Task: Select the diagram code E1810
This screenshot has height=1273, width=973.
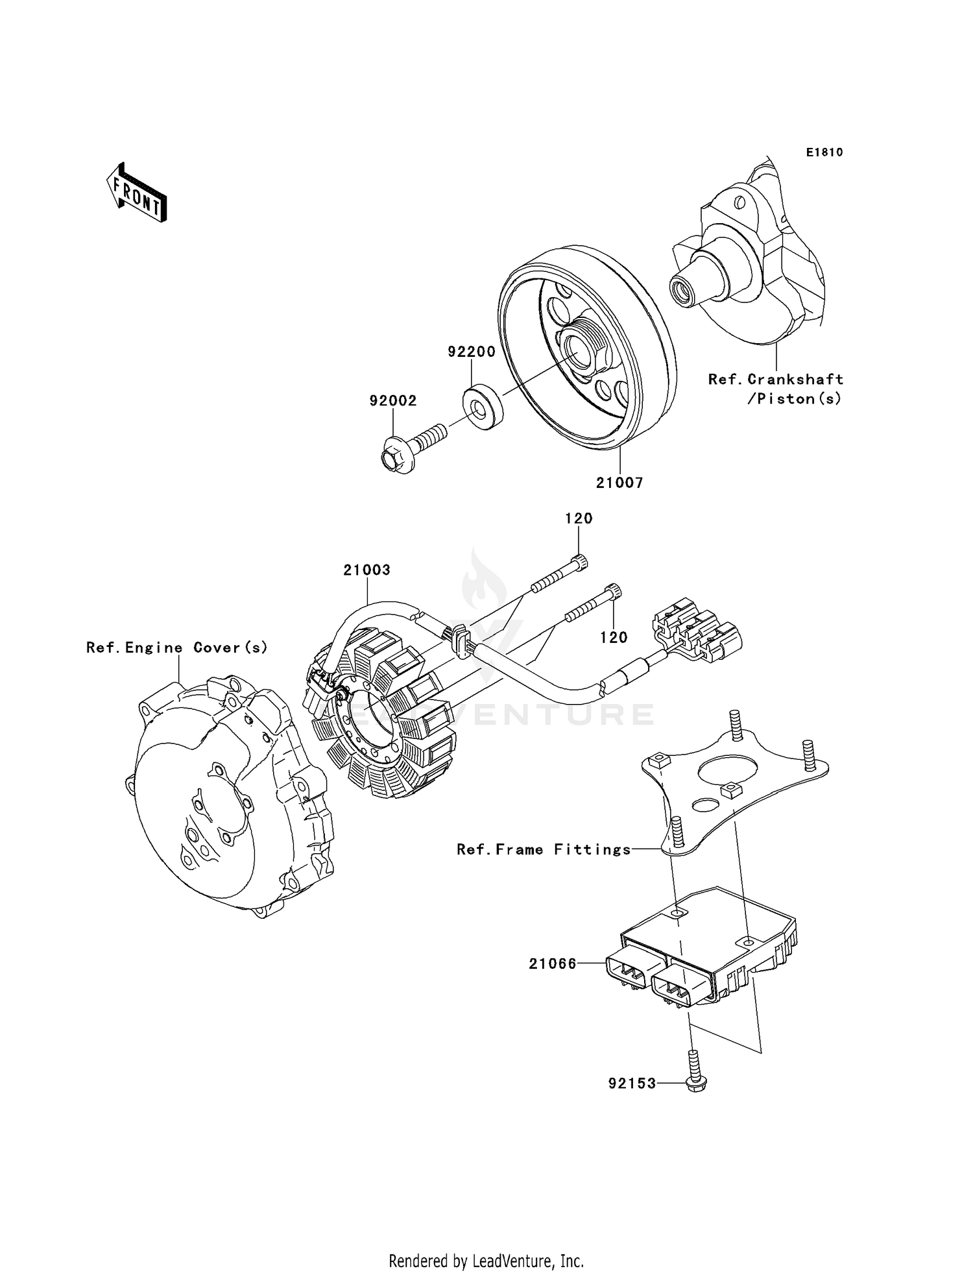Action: [824, 152]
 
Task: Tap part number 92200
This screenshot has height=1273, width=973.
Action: [472, 352]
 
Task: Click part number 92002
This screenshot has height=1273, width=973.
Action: [393, 401]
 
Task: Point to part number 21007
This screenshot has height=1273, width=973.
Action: [619, 483]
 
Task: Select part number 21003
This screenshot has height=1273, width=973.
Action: [366, 570]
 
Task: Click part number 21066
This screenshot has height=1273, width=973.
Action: [553, 964]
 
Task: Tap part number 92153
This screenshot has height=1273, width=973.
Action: [632, 1084]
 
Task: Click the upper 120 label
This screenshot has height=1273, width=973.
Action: [579, 518]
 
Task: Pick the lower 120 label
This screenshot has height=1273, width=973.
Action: [614, 637]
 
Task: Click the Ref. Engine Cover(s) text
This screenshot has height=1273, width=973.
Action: [177, 648]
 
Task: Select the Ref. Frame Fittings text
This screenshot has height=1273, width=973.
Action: [544, 849]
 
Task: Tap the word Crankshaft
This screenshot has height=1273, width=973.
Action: [795, 379]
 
